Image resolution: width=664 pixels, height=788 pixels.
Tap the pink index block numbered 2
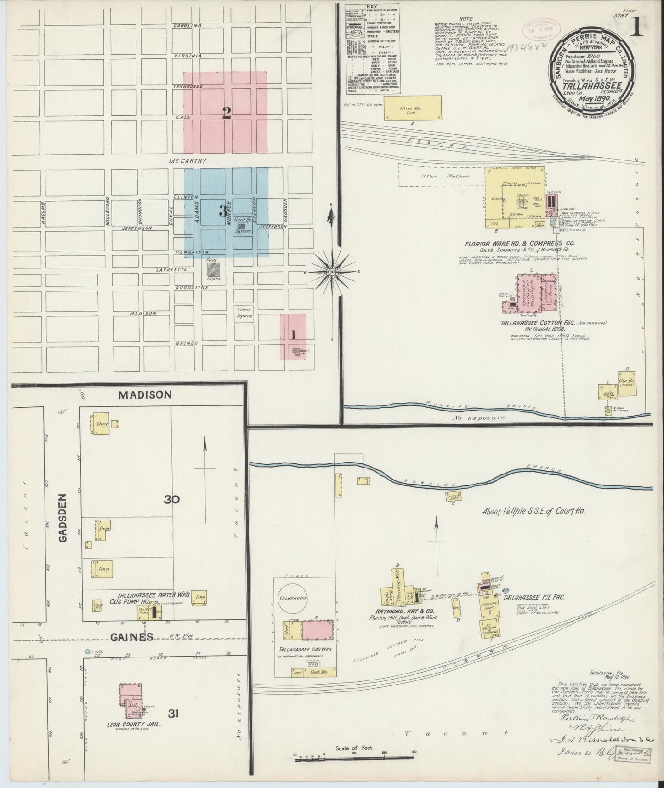225,113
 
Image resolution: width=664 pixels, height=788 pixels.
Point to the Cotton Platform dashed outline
441,176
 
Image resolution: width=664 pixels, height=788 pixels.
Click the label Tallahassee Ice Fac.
533,598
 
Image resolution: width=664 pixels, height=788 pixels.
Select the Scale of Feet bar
354,755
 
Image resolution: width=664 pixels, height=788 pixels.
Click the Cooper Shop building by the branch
453,497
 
